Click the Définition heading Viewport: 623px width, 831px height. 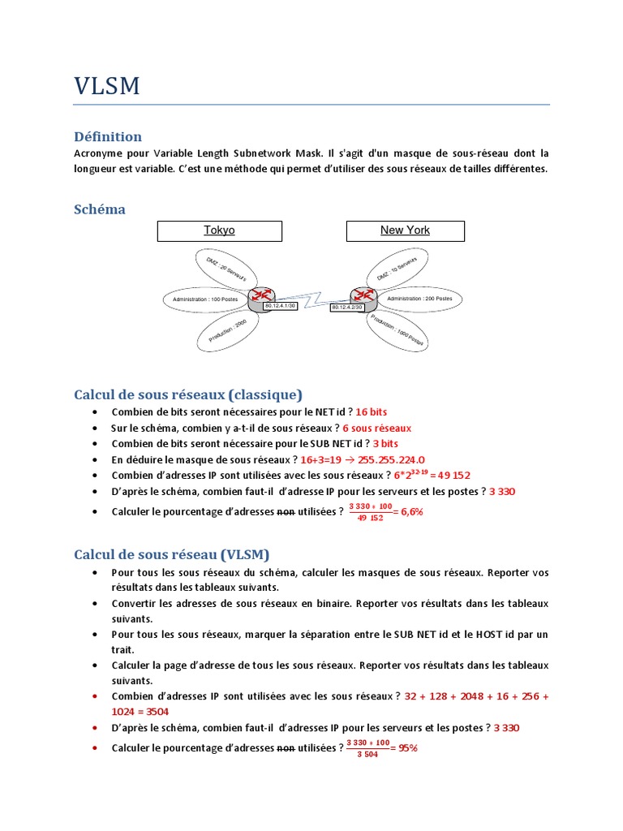tap(108, 136)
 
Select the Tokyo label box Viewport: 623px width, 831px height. tap(219, 230)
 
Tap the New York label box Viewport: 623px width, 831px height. tap(405, 230)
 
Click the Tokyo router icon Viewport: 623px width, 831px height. tap(262, 299)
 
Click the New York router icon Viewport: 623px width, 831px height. tap(362, 298)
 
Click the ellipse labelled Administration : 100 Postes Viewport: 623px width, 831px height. tap(206, 299)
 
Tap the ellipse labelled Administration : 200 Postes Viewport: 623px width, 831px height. tap(419, 299)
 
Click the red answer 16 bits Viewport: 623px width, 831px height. tap(372, 412)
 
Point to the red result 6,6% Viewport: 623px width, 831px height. tap(412, 512)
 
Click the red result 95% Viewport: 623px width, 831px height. tap(407, 748)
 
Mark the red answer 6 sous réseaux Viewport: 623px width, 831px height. tap(377, 428)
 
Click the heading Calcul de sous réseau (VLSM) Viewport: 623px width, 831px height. tap(172, 554)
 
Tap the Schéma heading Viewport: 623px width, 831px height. tap(100, 209)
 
